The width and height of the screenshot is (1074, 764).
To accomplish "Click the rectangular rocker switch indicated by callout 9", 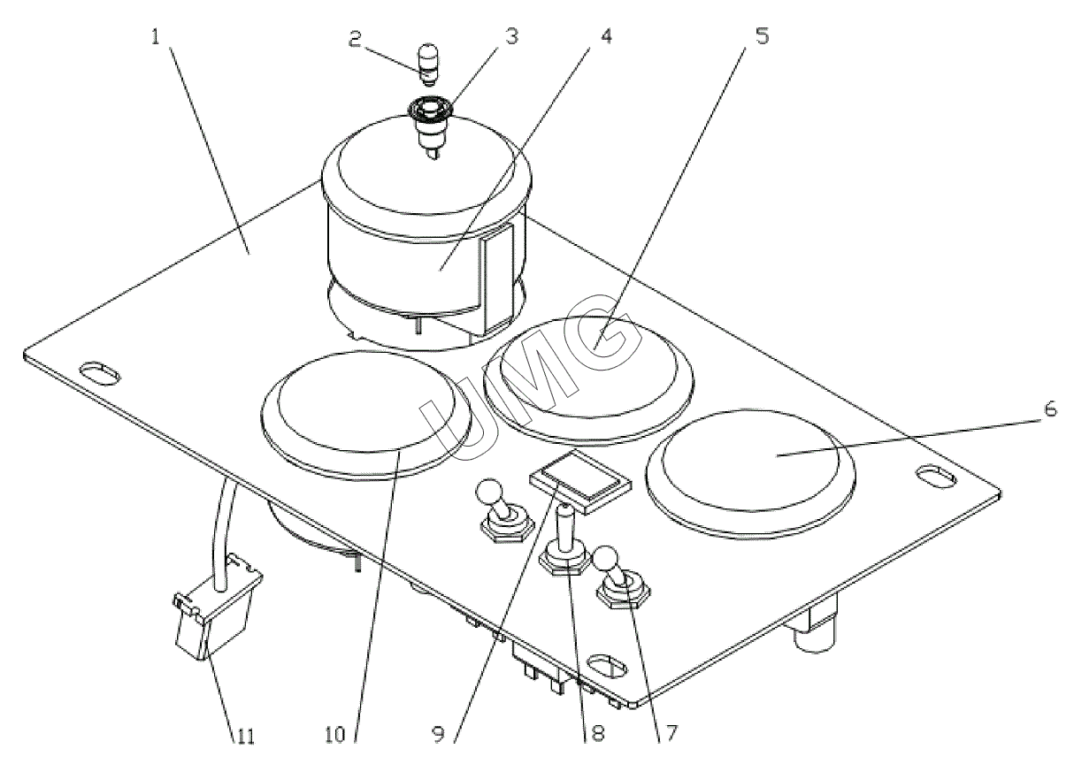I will (x=582, y=480).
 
